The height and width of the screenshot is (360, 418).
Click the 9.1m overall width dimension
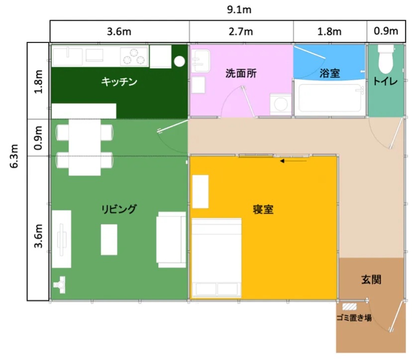[239, 10]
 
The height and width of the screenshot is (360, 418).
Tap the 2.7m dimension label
[241, 31]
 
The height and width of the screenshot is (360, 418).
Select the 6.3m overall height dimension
[14, 156]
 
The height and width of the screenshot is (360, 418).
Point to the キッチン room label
[119, 81]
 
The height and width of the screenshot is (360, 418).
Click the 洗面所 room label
[241, 73]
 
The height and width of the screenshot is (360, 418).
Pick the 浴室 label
[330, 73]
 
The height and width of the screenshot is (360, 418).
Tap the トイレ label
[385, 81]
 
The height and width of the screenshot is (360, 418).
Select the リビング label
[119, 209]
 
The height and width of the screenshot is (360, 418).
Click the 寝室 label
[263, 210]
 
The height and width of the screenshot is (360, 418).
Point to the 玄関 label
[371, 279]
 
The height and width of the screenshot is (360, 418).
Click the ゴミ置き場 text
[354, 318]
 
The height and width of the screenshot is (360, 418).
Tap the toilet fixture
[386, 59]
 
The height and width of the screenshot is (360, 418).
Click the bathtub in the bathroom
[330, 98]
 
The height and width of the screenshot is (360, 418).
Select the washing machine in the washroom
[281, 104]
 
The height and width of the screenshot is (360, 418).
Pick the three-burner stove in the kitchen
[134, 56]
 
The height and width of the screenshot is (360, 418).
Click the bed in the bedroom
[216, 258]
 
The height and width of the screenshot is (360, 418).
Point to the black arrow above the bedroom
[293, 161]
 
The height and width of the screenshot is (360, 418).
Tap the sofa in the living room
[171, 240]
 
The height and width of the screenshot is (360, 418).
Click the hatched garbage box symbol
[349, 307]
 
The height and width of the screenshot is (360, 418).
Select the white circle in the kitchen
[180, 62]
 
